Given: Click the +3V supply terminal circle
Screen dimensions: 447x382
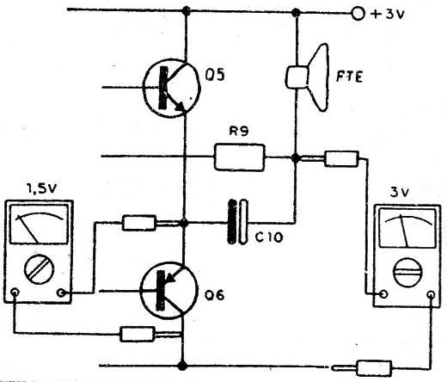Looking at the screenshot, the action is (358, 14).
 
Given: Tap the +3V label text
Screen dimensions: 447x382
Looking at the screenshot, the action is (388, 14).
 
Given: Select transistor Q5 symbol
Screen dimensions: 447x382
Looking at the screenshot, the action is (171, 88).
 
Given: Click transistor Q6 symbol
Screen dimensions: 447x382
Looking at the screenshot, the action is (169, 290).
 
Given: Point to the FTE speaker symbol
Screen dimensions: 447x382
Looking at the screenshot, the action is (308, 77).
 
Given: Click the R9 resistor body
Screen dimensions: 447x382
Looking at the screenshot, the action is (240, 157).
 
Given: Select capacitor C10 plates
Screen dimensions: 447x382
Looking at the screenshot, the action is (237, 222).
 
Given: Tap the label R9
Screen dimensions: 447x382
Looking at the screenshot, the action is (239, 131).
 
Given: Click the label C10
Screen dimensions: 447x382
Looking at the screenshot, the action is (269, 237).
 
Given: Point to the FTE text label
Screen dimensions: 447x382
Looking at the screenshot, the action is (349, 77).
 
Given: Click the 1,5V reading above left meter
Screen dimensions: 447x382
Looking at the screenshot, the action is (41, 189).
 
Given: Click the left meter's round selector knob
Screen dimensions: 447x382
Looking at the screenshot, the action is (39, 269).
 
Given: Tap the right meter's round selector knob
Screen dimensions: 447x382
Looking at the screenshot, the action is (407, 272).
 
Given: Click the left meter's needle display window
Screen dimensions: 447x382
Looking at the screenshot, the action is (39, 225).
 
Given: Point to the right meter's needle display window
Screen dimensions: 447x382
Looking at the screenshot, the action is (407, 228).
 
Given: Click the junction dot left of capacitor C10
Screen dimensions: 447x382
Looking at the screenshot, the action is (184, 223).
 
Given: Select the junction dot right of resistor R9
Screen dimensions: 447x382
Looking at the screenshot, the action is (296, 157).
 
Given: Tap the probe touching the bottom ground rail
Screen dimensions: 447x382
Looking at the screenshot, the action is (362, 368).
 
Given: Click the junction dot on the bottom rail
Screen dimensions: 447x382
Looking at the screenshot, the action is (182, 366).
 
